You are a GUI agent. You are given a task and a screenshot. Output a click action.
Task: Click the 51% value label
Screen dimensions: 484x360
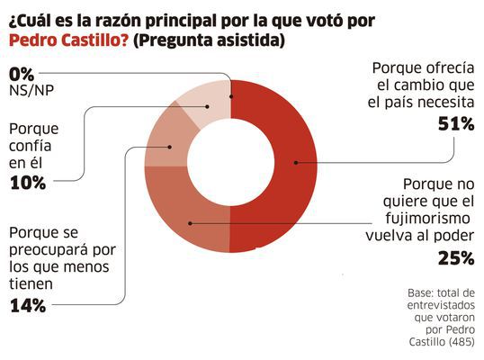pyautogui.click(x=456, y=124)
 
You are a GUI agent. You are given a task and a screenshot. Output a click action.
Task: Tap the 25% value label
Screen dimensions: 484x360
pyautogui.click(x=456, y=258)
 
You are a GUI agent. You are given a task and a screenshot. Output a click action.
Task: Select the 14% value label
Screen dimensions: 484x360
pyautogui.click(x=28, y=306)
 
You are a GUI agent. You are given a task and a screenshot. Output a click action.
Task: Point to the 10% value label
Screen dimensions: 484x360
pyautogui.click(x=28, y=183)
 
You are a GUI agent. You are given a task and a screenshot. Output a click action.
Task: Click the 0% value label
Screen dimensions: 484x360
pyautogui.click(x=22, y=75)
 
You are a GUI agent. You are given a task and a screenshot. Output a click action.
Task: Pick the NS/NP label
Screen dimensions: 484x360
pyautogui.click(x=31, y=91)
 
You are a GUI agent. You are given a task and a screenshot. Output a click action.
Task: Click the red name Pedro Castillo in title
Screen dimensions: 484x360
pyautogui.click(x=68, y=40)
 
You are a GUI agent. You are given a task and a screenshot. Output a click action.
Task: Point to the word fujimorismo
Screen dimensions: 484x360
pyautogui.click(x=428, y=219)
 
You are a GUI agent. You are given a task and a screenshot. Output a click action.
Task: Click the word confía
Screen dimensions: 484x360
pyautogui.click(x=30, y=146)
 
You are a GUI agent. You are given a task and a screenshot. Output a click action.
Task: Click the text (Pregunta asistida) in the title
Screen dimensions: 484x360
pyautogui.click(x=209, y=40)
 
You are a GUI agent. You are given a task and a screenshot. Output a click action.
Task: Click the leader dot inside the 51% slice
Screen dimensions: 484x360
pyautogui.click(x=296, y=162)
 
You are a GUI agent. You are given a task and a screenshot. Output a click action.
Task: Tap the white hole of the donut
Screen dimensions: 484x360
pyautogui.click(x=230, y=163)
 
